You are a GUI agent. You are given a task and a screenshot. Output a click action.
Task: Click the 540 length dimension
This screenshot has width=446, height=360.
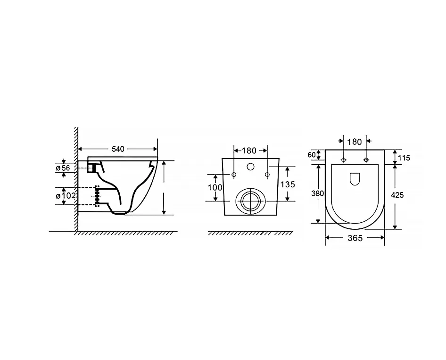[118, 149]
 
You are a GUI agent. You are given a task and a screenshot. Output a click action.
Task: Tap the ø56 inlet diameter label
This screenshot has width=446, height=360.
[63, 168]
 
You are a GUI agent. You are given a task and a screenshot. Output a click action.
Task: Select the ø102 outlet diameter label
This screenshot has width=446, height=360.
[66, 196]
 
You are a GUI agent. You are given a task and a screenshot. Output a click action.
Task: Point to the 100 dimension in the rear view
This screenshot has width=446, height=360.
[215, 187]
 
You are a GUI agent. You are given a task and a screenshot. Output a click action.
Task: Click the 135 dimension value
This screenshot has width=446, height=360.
[288, 184]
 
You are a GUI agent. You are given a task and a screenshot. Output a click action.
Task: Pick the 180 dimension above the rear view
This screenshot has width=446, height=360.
[249, 151]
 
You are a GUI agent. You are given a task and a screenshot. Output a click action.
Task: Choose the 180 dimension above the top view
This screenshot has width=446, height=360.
[355, 142]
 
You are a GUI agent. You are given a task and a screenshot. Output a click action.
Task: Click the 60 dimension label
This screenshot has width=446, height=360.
[312, 155]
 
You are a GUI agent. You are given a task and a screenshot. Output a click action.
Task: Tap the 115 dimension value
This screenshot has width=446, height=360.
[404, 158]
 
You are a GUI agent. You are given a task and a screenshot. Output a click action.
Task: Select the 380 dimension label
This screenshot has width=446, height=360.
[317, 193]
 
